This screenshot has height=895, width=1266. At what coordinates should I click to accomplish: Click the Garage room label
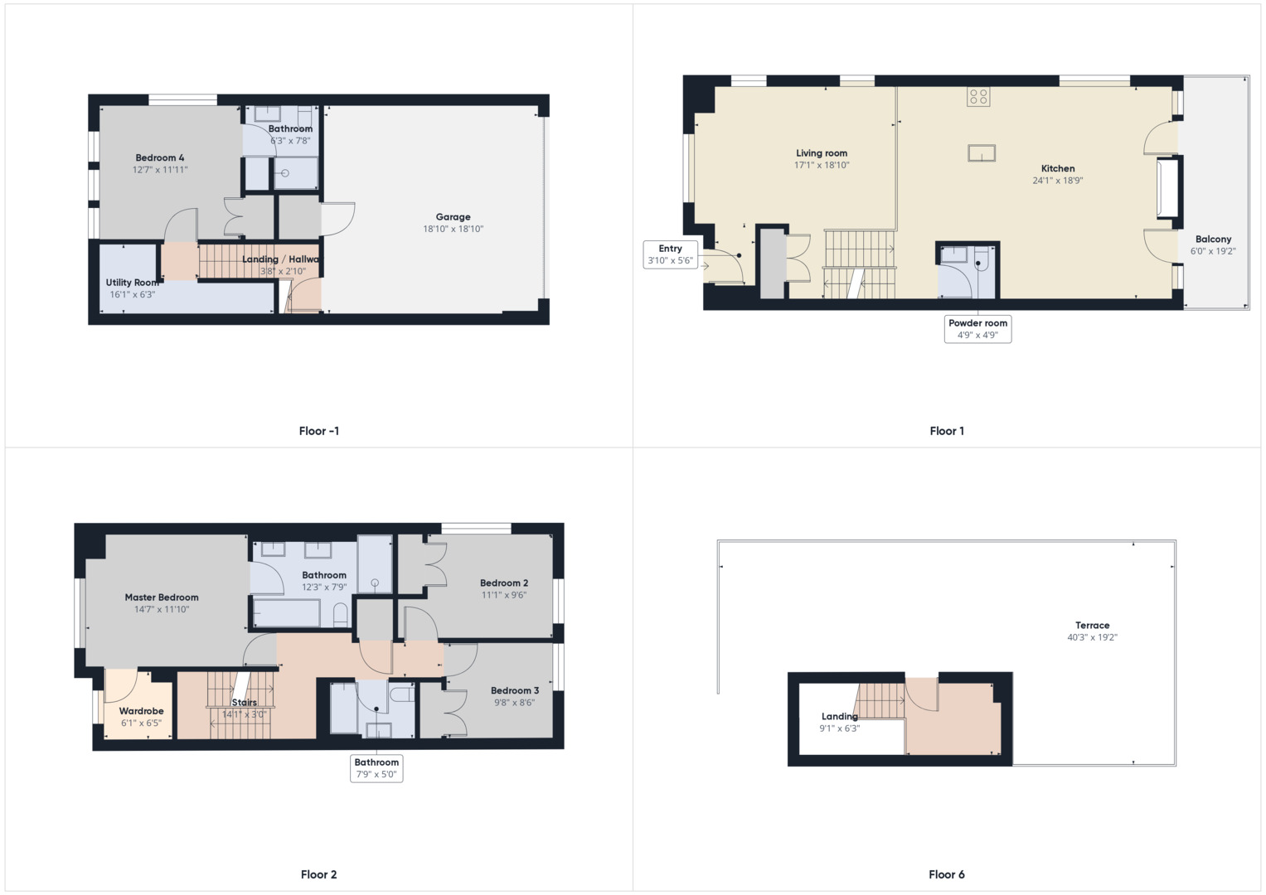point(453,217)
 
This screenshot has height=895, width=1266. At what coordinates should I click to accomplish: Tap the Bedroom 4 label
point(160,158)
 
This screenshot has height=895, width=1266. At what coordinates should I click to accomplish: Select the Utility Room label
point(132,283)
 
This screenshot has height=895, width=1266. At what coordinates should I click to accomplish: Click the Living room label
point(822,153)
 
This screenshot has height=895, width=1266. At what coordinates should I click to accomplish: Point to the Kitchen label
point(1058,168)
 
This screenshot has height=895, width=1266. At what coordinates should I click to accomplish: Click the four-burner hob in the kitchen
point(978,97)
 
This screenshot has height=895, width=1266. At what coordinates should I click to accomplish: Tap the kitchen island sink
point(981,153)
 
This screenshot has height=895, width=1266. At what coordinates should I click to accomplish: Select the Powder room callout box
point(977,329)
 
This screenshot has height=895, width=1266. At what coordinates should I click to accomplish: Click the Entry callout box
point(670,254)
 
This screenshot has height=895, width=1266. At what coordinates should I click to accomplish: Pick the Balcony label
point(1213,239)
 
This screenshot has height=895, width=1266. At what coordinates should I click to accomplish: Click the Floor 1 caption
point(947,431)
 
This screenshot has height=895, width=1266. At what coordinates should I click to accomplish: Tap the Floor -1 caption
point(318,431)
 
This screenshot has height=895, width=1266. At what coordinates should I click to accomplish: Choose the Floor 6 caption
point(947,874)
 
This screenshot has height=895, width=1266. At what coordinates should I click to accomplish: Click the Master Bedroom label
point(162,597)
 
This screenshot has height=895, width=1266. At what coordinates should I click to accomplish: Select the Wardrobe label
point(141,711)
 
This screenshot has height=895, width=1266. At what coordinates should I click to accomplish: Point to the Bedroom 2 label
point(504,583)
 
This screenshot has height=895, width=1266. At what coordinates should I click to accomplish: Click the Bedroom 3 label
point(515,690)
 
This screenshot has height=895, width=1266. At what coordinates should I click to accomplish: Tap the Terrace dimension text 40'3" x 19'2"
point(1092,637)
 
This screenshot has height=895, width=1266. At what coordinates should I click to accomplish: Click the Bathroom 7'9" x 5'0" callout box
point(376,768)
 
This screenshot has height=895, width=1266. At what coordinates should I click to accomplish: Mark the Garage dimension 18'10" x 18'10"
point(453,230)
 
